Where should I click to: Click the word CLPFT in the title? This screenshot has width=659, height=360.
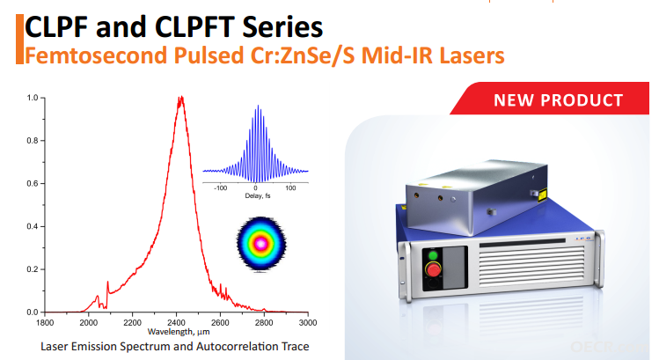pyautogui.click(x=194, y=27)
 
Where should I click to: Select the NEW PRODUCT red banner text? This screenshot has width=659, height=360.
pyautogui.click(x=558, y=100)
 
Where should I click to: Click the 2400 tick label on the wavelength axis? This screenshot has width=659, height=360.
pyautogui.click(x=176, y=322)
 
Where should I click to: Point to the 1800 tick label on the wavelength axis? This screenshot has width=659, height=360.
pyautogui.click(x=45, y=322)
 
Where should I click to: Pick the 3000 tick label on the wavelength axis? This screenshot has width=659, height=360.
pyautogui.click(x=308, y=322)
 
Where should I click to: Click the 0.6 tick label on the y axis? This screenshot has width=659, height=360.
pyautogui.click(x=33, y=183)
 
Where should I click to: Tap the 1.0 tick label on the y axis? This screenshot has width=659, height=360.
pyautogui.click(x=33, y=98)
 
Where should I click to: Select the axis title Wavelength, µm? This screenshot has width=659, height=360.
pyautogui.click(x=179, y=332)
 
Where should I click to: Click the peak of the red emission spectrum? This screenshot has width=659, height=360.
pyautogui.click(x=181, y=98)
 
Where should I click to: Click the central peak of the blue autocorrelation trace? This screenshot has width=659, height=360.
pyautogui.click(x=258, y=107)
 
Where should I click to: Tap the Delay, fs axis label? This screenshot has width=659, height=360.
pyautogui.click(x=258, y=196)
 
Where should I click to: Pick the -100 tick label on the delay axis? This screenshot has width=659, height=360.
pyautogui.click(x=220, y=188)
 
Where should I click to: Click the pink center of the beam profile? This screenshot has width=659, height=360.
pyautogui.click(x=261, y=243)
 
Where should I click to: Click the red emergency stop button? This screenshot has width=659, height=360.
pyautogui.click(x=433, y=268)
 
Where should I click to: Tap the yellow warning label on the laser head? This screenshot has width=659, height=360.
pyautogui.click(x=542, y=195)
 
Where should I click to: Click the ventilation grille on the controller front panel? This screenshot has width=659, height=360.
pyautogui.click(x=531, y=266)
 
